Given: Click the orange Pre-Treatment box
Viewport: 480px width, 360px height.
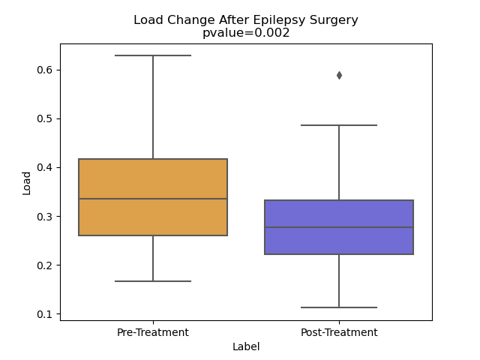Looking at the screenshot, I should point(153,217).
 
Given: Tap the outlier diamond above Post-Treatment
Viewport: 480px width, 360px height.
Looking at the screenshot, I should point(339,75).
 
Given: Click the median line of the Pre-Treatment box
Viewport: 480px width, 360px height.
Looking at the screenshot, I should point(153,199).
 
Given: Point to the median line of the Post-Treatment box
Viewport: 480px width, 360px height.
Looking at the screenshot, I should point(339,227).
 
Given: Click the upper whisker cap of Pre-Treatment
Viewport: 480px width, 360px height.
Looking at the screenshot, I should point(153,55).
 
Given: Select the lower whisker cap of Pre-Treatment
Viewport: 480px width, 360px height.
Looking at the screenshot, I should point(153,281).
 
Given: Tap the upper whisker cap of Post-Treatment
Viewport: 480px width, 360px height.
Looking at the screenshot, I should point(339,125).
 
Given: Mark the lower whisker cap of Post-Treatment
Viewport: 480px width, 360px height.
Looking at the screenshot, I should point(339,307).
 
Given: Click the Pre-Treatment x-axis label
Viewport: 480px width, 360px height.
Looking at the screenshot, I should point(153,332).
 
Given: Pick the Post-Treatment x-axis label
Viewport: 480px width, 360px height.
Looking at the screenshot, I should point(339,332).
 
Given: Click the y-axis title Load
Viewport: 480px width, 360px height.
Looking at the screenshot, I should point(27,183).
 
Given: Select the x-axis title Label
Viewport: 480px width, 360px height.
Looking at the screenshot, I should point(246,346).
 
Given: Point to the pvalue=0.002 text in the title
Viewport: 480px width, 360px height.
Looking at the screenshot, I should point(246,33).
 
